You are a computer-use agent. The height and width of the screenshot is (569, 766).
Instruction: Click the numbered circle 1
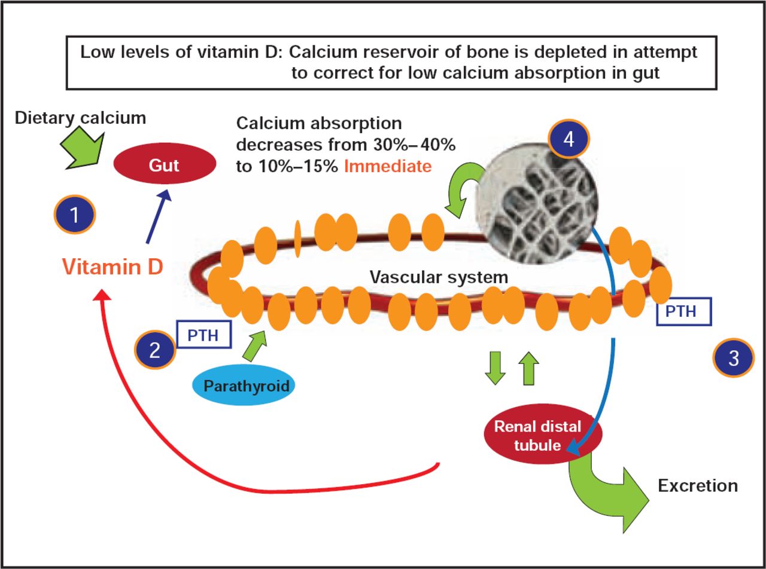(74, 215)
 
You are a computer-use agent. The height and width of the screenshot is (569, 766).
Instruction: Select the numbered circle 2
(155, 349)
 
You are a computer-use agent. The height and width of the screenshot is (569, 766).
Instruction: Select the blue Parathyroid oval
(246, 386)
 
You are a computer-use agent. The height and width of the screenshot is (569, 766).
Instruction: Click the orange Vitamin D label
(112, 267)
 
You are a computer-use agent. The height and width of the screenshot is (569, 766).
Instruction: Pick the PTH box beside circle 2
(204, 335)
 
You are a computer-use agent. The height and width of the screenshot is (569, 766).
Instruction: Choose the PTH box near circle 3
(684, 311)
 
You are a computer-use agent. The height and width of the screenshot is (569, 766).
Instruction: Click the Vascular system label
(439, 277)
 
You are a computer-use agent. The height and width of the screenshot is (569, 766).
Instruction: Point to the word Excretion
(698, 485)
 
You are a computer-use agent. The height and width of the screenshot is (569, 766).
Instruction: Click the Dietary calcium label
(80, 118)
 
